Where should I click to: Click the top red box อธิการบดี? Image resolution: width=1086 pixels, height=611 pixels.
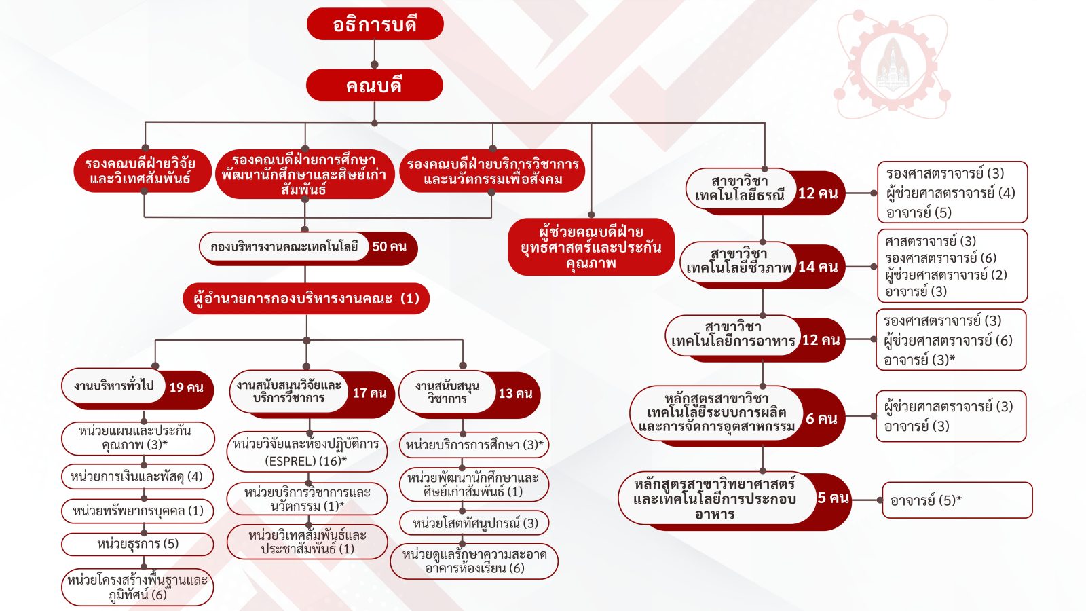(375, 24)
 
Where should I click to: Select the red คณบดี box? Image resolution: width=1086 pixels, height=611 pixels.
(374, 86)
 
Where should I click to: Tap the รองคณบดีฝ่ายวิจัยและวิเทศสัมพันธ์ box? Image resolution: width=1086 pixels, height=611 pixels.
(143, 170)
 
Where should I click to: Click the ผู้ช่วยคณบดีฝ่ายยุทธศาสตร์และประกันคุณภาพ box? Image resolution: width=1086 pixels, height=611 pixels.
(591, 247)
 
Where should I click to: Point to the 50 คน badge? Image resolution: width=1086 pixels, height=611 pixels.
(390, 246)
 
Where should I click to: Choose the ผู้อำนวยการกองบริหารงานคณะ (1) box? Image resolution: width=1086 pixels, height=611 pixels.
(306, 298)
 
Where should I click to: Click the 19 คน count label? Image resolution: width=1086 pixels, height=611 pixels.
(186, 387)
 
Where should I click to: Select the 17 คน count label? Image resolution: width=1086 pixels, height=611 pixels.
(369, 393)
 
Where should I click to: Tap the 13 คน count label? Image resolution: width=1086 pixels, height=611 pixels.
(515, 393)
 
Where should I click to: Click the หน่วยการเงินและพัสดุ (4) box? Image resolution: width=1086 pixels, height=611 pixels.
(138, 476)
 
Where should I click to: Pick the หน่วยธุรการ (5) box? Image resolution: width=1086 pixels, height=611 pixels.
(138, 544)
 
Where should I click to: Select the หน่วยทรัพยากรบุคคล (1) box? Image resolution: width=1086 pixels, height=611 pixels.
(138, 511)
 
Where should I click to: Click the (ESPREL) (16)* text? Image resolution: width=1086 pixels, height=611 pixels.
(306, 461)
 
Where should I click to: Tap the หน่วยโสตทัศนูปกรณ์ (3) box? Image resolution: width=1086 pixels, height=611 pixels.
(474, 523)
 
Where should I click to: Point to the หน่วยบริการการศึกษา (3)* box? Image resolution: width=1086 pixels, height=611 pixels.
(474, 445)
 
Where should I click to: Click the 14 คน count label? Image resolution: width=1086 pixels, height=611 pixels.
(818, 267)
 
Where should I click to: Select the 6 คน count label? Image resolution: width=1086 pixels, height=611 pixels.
(821, 418)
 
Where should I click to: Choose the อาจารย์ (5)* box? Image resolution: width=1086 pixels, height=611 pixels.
(957, 500)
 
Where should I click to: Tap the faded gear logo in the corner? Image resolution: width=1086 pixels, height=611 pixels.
(892, 65)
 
